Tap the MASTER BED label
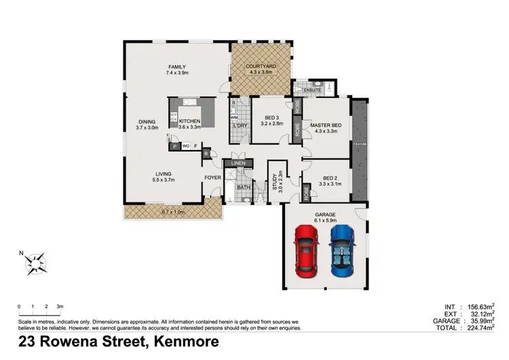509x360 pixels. [325, 126]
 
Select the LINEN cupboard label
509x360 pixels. [237, 164]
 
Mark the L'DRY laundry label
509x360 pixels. [239, 126]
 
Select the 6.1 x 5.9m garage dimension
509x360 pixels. [325, 220]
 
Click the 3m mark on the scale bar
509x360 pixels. [59, 307]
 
